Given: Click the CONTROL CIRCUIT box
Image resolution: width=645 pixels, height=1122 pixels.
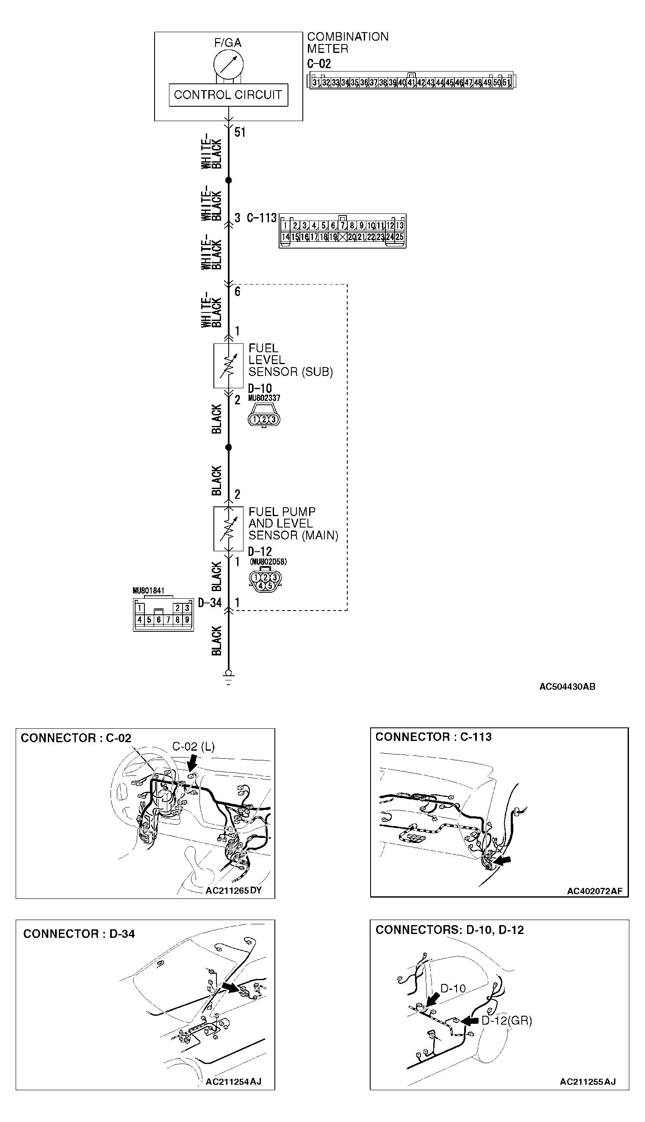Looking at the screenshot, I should pyautogui.click(x=228, y=95).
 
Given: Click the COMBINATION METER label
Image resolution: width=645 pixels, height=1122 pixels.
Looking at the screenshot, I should pyautogui.click(x=347, y=42).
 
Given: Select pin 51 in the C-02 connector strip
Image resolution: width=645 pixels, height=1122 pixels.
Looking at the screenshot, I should pyautogui.click(x=507, y=83).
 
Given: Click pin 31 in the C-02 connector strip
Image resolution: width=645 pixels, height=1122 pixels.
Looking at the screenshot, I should pyautogui.click(x=316, y=83).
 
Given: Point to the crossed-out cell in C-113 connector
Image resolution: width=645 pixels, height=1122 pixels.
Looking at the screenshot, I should pyautogui.click(x=343, y=237).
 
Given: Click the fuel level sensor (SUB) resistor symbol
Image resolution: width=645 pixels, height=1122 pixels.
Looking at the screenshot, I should pyautogui.click(x=229, y=366).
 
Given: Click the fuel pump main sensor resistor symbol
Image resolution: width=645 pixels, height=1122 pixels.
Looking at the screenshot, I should pyautogui.click(x=229, y=529).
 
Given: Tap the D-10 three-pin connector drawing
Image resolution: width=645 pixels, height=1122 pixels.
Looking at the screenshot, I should pyautogui.click(x=263, y=419).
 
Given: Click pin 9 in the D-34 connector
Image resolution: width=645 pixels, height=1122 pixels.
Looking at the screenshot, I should pyautogui.click(x=187, y=620).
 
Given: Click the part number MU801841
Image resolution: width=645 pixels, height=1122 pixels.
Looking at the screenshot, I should pyautogui.click(x=148, y=591).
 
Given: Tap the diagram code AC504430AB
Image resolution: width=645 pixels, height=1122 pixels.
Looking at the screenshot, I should pyautogui.click(x=567, y=687).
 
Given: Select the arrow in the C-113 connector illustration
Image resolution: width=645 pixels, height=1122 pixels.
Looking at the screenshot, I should pyautogui.click(x=502, y=860).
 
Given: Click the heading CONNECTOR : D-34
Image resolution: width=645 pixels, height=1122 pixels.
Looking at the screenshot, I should pyautogui.click(x=79, y=934).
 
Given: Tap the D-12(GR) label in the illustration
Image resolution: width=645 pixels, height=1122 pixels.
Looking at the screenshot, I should pyautogui.click(x=507, y=1021).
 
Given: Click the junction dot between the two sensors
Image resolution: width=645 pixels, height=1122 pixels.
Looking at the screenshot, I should pyautogui.click(x=229, y=448).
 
